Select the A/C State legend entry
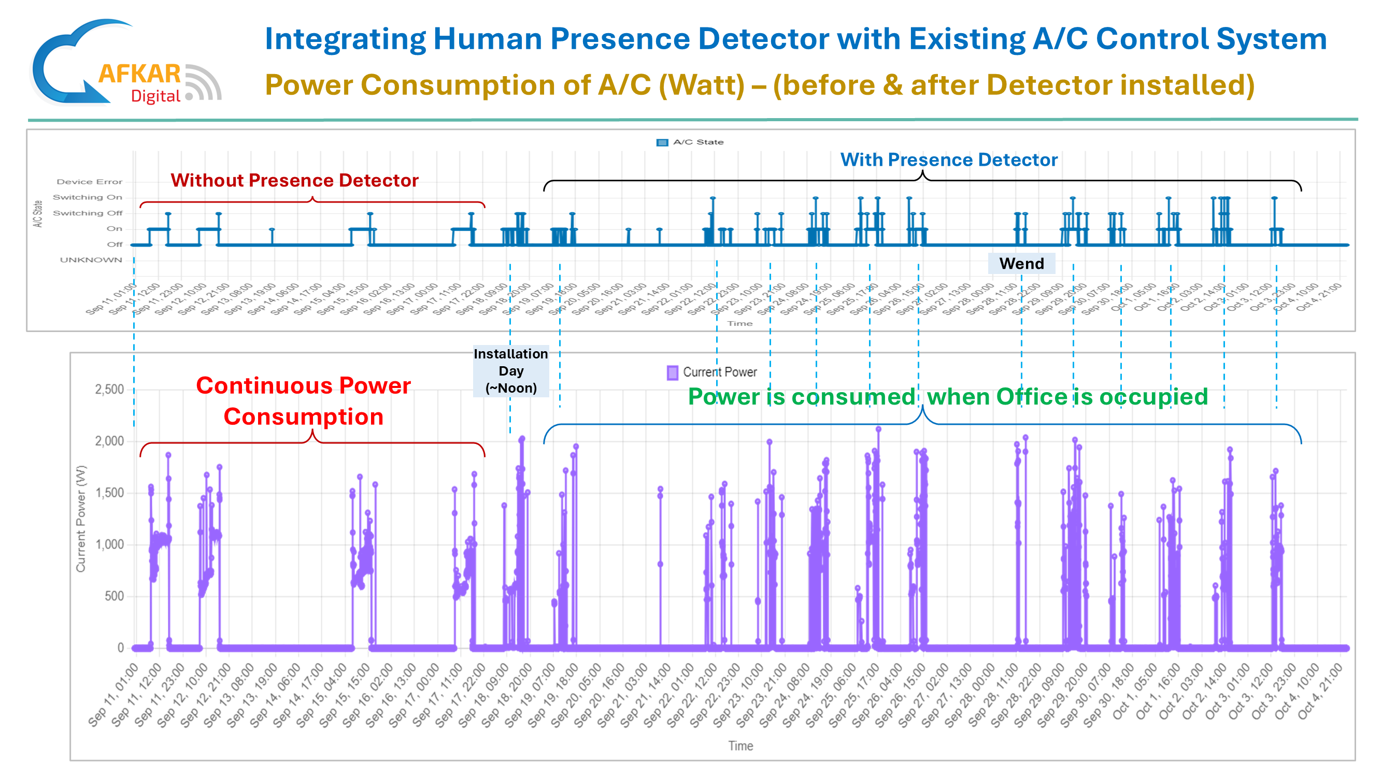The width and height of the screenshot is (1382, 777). tap(690, 142)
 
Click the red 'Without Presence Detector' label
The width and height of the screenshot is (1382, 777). tap(294, 181)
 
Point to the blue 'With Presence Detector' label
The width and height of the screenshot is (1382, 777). tap(948, 160)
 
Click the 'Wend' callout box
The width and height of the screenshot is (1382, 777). tap(1021, 263)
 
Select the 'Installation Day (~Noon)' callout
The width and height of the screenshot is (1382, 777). tap(511, 370)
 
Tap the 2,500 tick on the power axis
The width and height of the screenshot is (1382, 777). tap(109, 390)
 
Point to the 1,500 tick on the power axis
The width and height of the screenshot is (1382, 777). tap(109, 493)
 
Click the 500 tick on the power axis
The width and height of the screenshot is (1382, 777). tap(113, 596)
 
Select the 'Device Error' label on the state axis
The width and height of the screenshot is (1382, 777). tap(90, 182)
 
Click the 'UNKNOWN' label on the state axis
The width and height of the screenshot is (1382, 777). tap(91, 260)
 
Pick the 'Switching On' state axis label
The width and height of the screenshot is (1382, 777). tap(88, 197)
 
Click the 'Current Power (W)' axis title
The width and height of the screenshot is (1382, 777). tap(80, 519)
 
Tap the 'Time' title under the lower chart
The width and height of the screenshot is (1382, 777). tap(740, 746)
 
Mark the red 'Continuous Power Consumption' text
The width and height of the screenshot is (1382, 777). tap(304, 401)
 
